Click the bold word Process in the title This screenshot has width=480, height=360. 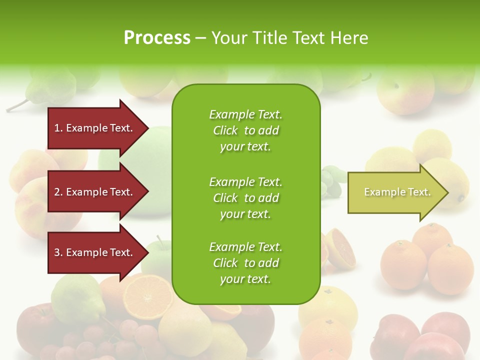point(157,38)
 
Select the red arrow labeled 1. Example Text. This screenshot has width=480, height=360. point(95,128)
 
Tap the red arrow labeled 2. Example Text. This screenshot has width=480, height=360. point(95,192)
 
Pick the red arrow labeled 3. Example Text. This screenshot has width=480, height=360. point(95,252)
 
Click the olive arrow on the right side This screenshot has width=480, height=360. point(395,192)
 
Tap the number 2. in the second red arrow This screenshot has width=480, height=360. point(58,192)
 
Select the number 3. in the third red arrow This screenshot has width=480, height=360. point(58,252)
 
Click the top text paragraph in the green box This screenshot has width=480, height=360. point(245,130)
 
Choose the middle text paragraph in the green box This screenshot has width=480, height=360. point(245,198)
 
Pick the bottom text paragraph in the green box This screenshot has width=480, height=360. point(245,263)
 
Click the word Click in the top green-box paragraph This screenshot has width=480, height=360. point(225,130)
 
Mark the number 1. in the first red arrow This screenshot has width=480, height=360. point(58,128)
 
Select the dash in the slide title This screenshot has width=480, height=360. point(200,38)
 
